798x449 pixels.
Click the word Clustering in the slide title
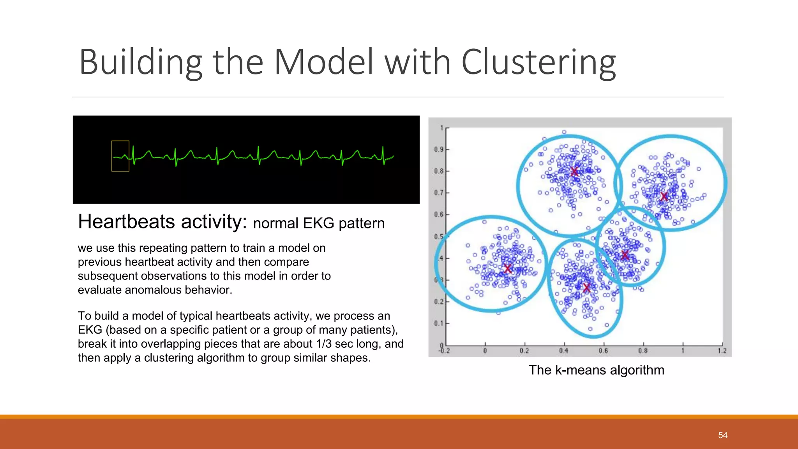(x=538, y=62)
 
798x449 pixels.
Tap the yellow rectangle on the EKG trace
(x=120, y=156)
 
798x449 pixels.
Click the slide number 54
(x=723, y=435)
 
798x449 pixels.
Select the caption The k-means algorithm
(x=596, y=370)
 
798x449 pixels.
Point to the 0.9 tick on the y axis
(x=439, y=149)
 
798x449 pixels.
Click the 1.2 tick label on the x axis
(x=722, y=351)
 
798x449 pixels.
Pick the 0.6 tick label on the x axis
(x=603, y=351)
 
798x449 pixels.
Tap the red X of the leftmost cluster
(x=507, y=269)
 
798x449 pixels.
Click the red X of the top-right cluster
(x=664, y=196)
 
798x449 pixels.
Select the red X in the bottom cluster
(x=587, y=288)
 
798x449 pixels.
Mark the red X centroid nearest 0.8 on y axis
(x=574, y=171)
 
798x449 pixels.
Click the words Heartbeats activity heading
(x=162, y=222)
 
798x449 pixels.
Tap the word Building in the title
(x=140, y=62)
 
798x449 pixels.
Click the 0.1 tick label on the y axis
(x=439, y=323)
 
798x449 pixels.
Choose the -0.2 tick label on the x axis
(x=444, y=351)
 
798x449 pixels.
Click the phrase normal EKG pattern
(x=319, y=223)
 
